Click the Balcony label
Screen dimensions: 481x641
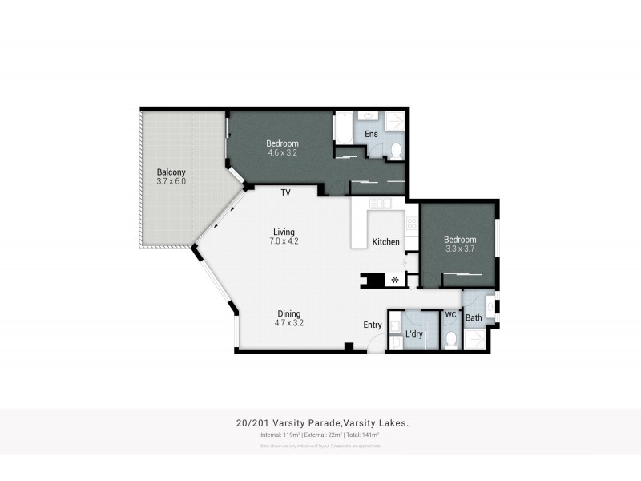(x=171, y=172)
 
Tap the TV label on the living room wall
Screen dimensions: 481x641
(x=285, y=192)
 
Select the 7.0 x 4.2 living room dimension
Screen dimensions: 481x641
(x=285, y=241)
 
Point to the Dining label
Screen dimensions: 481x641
(x=290, y=313)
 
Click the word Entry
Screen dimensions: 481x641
(x=373, y=325)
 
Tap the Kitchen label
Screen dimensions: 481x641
(x=385, y=241)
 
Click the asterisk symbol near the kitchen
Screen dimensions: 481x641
(x=394, y=280)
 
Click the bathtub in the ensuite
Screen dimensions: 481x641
(x=342, y=128)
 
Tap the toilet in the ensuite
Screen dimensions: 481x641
(x=395, y=147)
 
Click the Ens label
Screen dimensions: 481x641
(x=371, y=134)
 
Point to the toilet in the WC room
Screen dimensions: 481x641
(x=450, y=341)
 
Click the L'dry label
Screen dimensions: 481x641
(x=414, y=334)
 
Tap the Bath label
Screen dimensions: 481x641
(x=474, y=318)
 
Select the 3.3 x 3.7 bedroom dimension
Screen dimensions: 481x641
(x=460, y=249)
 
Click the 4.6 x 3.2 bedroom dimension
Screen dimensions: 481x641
(x=281, y=152)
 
